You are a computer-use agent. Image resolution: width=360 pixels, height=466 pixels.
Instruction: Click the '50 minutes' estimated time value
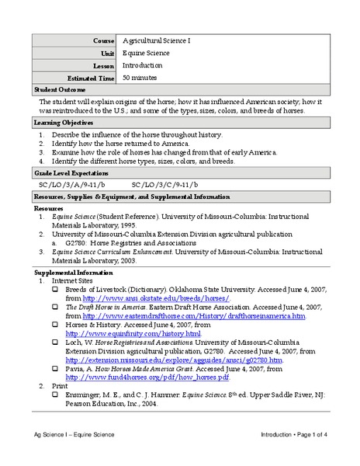140,78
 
